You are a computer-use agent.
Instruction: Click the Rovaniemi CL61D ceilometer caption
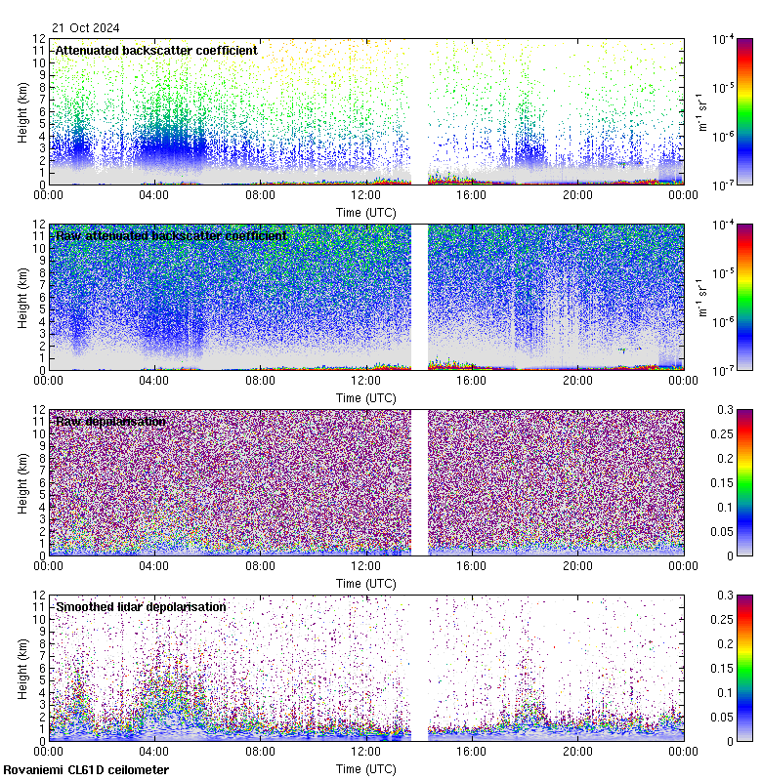(86, 770)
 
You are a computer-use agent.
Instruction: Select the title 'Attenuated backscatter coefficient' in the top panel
(156, 50)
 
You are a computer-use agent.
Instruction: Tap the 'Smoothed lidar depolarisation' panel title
(141, 606)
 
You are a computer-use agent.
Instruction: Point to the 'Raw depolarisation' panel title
(109, 421)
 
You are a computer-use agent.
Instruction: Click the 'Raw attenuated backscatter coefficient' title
(171, 235)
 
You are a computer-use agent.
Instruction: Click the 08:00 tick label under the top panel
(260, 195)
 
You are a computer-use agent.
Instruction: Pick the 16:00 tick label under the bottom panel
(471, 752)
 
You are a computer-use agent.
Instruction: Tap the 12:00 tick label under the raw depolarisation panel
(365, 566)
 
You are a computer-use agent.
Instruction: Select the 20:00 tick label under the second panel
(577, 381)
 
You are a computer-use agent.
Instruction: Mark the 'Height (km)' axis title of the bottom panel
(22, 668)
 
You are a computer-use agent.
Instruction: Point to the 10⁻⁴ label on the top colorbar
(724, 38)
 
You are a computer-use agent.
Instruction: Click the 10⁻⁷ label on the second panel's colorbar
(724, 370)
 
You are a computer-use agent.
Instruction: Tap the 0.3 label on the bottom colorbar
(724, 595)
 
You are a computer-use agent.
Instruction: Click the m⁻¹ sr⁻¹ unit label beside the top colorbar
(701, 111)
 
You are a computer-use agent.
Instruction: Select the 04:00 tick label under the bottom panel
(153, 752)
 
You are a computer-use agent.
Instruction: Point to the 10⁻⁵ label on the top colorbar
(724, 87)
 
